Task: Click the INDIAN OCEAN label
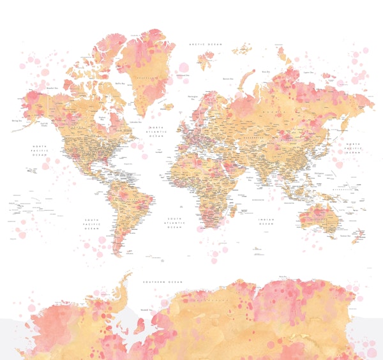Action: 266,221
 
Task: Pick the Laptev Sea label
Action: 308,72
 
